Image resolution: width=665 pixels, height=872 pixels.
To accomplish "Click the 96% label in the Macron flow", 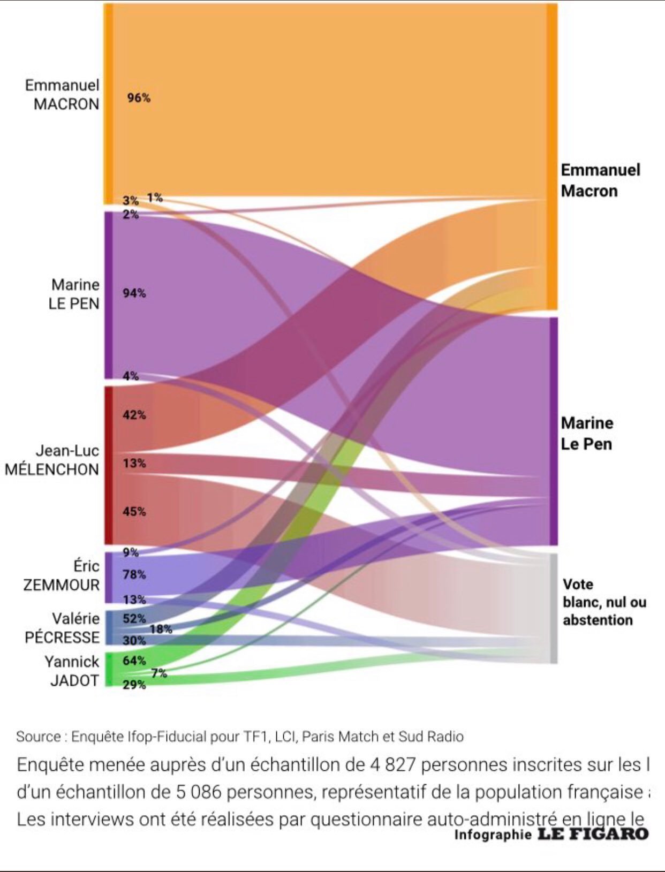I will (139, 98).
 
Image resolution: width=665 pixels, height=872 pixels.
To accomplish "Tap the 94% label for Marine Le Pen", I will (134, 293).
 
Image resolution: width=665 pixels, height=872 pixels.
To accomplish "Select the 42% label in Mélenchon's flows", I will (134, 415).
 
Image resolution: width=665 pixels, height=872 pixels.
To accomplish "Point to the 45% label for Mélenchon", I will (134, 511).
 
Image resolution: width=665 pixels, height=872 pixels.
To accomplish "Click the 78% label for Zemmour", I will (134, 574).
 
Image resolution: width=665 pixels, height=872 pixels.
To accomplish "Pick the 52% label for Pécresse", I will (134, 618).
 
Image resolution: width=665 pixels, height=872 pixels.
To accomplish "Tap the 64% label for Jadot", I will (134, 661).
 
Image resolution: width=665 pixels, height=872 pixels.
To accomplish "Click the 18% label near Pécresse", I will (161, 630).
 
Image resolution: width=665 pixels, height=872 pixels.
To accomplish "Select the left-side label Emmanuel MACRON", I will (63, 94).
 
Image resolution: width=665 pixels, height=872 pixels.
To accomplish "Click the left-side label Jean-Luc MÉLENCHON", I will (52, 460).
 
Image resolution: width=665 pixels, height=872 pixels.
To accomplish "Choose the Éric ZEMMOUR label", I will (62, 575).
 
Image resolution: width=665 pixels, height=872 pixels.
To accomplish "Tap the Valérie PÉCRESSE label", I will (63, 628).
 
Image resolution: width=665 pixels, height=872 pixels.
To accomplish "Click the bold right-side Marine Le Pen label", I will (587, 434).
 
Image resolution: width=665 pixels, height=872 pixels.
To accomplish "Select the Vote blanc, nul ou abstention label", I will (604, 602).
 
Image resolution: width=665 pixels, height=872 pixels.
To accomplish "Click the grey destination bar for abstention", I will (553, 609).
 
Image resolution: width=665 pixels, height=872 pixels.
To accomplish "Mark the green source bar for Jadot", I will (108, 669).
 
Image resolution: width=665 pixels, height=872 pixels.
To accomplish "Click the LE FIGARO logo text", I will (593, 833).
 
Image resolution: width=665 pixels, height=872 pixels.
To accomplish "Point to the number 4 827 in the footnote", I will (392, 764).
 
